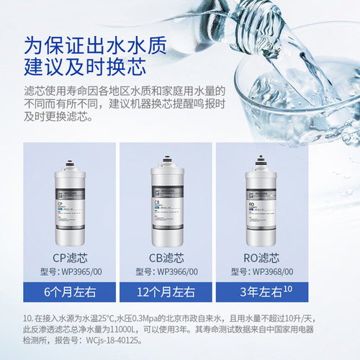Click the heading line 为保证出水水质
coord(97,43)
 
